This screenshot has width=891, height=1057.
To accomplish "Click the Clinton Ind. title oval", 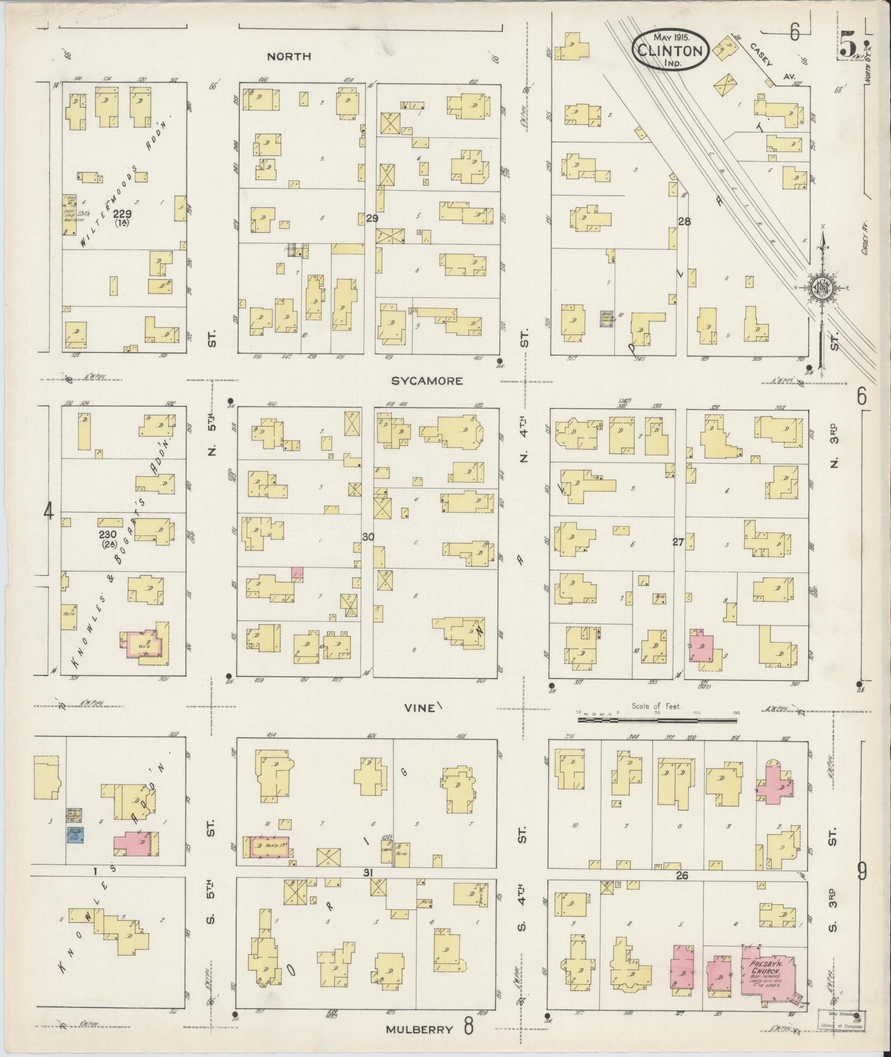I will (670, 51).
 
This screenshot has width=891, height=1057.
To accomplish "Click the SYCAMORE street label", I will (426, 381).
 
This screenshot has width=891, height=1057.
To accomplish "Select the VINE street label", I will (419, 708).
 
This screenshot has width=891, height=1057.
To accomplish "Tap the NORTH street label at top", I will (289, 56).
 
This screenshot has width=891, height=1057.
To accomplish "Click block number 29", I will (372, 219).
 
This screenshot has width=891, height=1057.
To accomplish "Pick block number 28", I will (685, 222).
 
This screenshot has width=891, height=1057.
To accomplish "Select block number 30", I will (368, 537).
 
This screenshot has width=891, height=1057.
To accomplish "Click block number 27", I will (678, 543).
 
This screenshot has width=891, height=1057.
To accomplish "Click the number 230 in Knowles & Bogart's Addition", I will (107, 534).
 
